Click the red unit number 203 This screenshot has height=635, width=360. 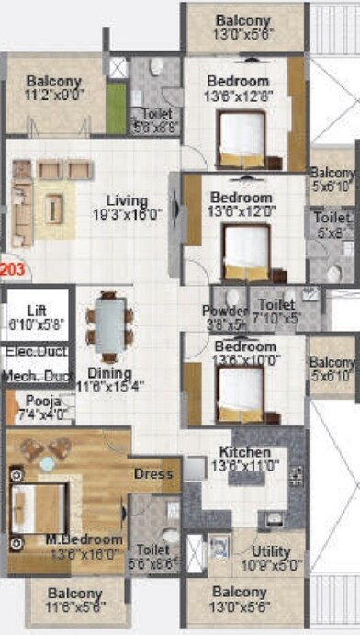point(13,270)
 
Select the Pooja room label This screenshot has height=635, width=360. point(38,402)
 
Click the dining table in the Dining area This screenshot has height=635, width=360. point(107,324)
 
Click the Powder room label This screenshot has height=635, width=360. point(224,312)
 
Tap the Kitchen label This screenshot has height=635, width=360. point(243,453)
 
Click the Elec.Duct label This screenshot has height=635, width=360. point(36,351)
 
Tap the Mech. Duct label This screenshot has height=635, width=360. point(36,377)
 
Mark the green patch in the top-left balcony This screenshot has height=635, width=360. point(114,108)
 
